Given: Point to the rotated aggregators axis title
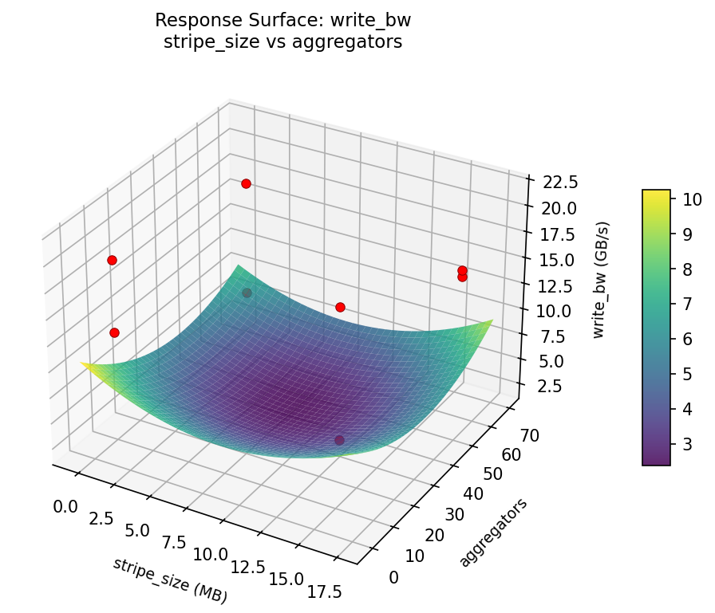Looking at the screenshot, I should point(492,533).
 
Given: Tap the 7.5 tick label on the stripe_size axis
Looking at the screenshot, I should point(174,542).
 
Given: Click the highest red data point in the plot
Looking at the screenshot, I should point(246,183).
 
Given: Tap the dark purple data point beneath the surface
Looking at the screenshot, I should point(340,440).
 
